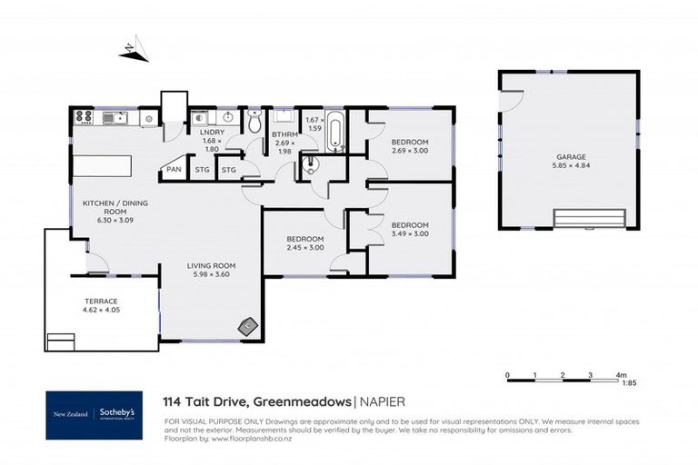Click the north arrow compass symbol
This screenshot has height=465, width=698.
click(x=134, y=52)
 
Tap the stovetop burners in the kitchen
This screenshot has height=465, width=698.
click(x=84, y=116)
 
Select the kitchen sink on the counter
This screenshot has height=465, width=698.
click(x=115, y=116)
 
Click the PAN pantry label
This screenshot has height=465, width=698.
click(x=173, y=169)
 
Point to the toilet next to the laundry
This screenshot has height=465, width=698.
click(x=255, y=120)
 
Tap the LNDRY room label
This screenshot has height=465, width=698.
click(x=211, y=134)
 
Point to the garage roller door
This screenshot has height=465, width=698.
click(x=590, y=218)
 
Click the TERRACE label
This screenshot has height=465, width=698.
click(x=90, y=301)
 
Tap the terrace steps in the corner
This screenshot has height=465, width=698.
click(x=61, y=341)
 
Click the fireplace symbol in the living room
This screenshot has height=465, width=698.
click(x=247, y=326)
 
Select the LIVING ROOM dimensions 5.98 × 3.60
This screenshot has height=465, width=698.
click(x=211, y=275)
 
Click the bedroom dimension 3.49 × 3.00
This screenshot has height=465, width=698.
click(x=409, y=233)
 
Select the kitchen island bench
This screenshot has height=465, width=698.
click(x=102, y=167)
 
